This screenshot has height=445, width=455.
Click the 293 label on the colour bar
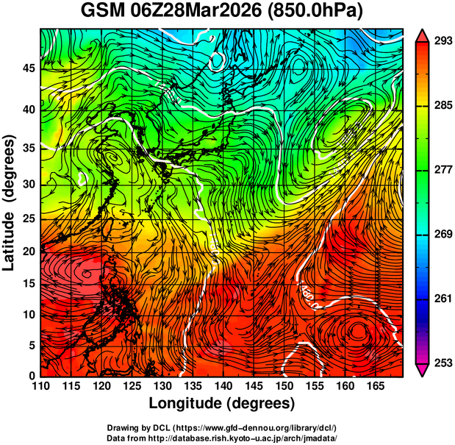[443, 42]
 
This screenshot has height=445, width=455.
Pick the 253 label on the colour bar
[443, 362]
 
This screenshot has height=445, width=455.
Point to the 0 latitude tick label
[32, 376]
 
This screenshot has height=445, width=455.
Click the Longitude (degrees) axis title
[222, 403]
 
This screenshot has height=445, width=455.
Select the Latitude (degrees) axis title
[10, 202]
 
